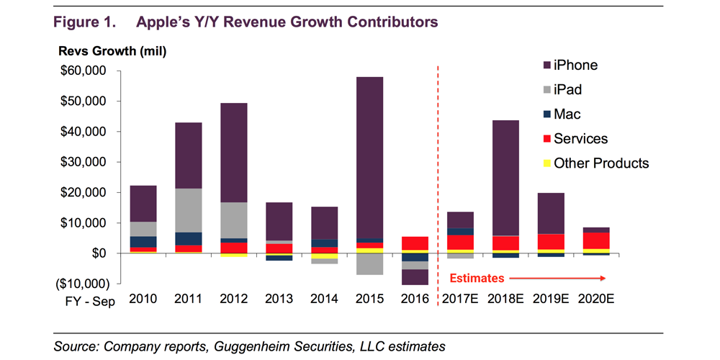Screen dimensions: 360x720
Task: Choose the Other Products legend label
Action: [x=600, y=163]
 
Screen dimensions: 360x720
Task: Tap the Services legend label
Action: [x=580, y=139]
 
